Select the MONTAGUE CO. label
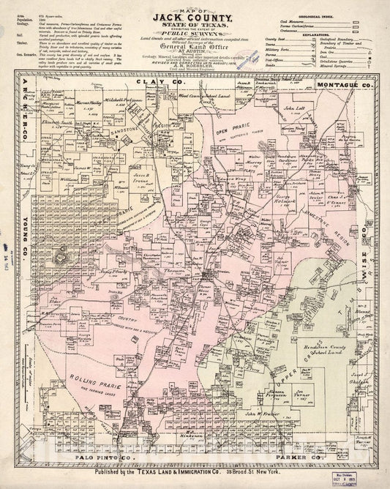tap(346, 65)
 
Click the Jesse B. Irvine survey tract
tap(143, 178)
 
